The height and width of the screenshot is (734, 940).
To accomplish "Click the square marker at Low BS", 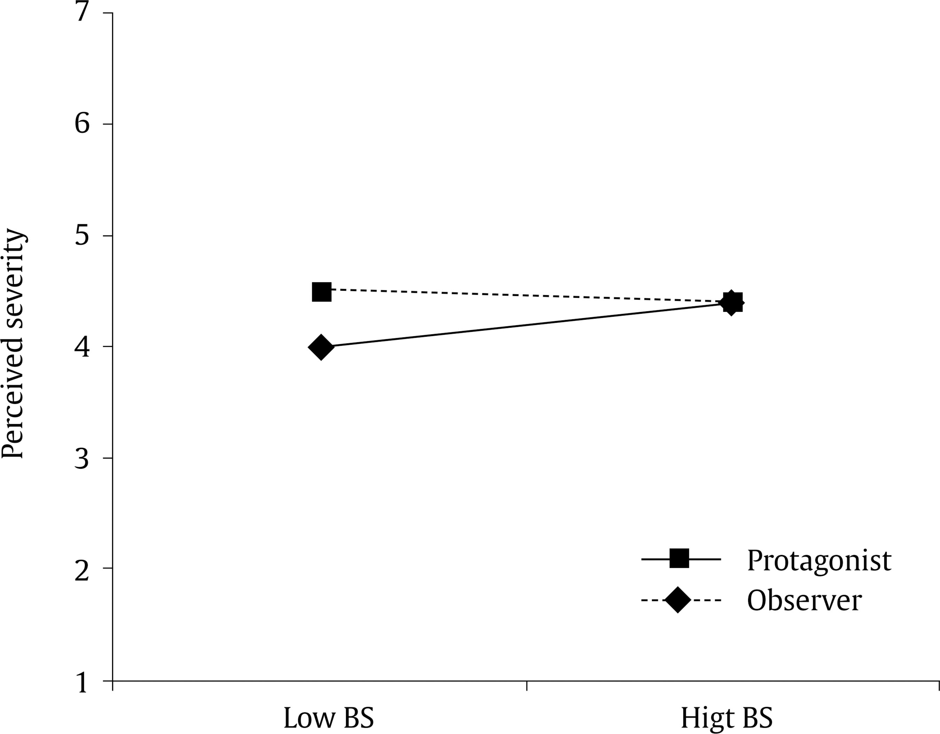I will (321, 292).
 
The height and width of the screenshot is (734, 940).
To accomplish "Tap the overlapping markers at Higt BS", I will (731, 303).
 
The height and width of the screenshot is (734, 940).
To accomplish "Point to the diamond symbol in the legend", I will (677, 599).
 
